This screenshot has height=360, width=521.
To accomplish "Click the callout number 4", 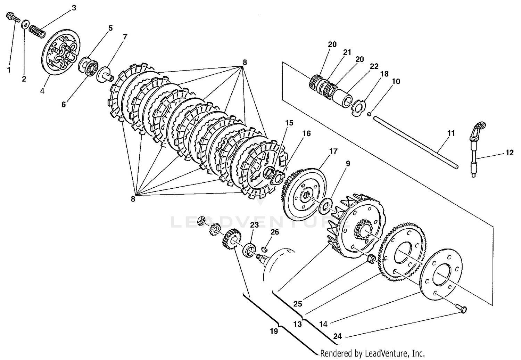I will click(x=42, y=91).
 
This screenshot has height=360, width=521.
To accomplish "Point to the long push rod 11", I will click(x=415, y=143).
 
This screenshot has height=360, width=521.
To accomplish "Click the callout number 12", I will click(x=510, y=152).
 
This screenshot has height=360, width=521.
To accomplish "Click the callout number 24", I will click(x=337, y=336).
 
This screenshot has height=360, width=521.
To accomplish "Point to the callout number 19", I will click(x=274, y=331).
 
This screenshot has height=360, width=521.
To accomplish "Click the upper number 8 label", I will click(x=245, y=63).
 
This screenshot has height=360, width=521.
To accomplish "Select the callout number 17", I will click(x=333, y=151).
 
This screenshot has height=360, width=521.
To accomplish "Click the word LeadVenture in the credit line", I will click(x=379, y=353).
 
